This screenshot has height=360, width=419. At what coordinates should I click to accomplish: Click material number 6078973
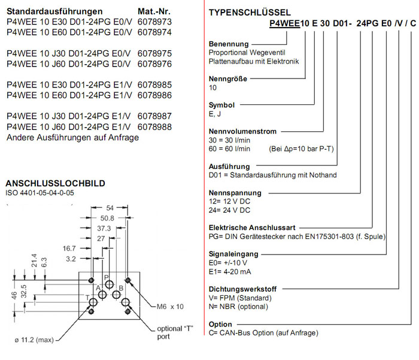click(154, 22)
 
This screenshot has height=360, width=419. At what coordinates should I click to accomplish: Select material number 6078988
click(154, 127)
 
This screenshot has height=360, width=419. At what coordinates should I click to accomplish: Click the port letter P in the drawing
click(107, 277)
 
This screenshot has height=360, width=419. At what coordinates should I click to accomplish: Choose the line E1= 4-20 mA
click(230, 270)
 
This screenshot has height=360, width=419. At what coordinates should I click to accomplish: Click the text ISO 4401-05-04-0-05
click(40, 193)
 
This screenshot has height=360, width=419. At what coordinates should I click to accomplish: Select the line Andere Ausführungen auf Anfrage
click(72, 138)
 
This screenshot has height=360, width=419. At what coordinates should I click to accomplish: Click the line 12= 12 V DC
click(229, 202)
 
